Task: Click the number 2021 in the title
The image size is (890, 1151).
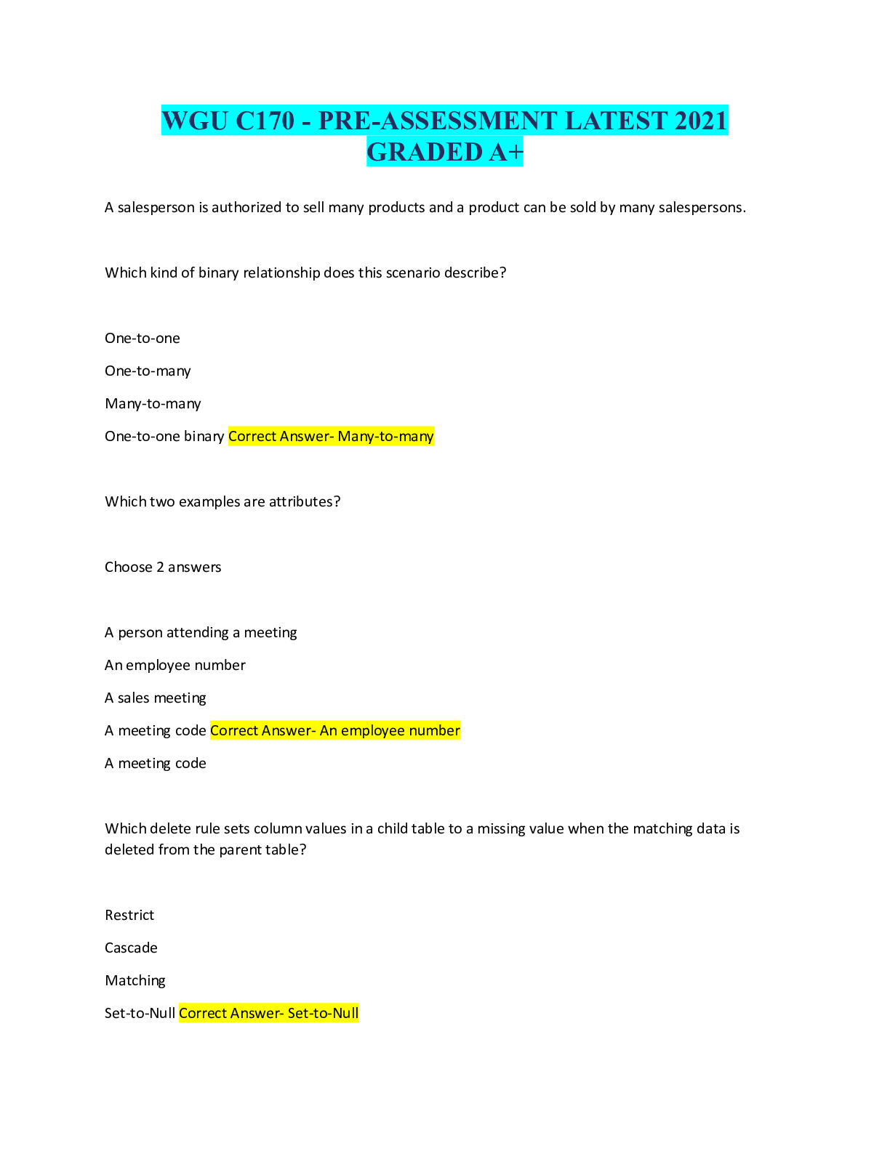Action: click(x=700, y=121)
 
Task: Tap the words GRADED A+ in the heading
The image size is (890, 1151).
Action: click(x=444, y=152)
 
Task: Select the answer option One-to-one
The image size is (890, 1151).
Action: click(x=143, y=339)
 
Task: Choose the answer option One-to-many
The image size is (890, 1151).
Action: click(x=148, y=371)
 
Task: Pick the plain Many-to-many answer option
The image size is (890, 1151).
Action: click(x=153, y=404)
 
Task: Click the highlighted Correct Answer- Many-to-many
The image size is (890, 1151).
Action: click(x=331, y=437)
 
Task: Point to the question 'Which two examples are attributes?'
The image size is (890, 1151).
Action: click(x=222, y=502)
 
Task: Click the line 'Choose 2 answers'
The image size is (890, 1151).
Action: click(x=163, y=568)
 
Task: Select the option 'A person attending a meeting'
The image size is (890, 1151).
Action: click(x=201, y=633)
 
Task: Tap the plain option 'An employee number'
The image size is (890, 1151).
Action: click(x=175, y=666)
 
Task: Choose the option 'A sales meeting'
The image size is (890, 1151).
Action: click(x=156, y=698)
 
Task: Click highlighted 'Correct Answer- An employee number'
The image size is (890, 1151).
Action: click(x=335, y=731)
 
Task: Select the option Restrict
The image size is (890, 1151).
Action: click(x=129, y=916)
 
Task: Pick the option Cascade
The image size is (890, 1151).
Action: click(x=131, y=948)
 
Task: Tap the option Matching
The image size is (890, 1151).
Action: click(x=135, y=981)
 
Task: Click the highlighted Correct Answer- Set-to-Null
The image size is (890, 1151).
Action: click(x=268, y=1014)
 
